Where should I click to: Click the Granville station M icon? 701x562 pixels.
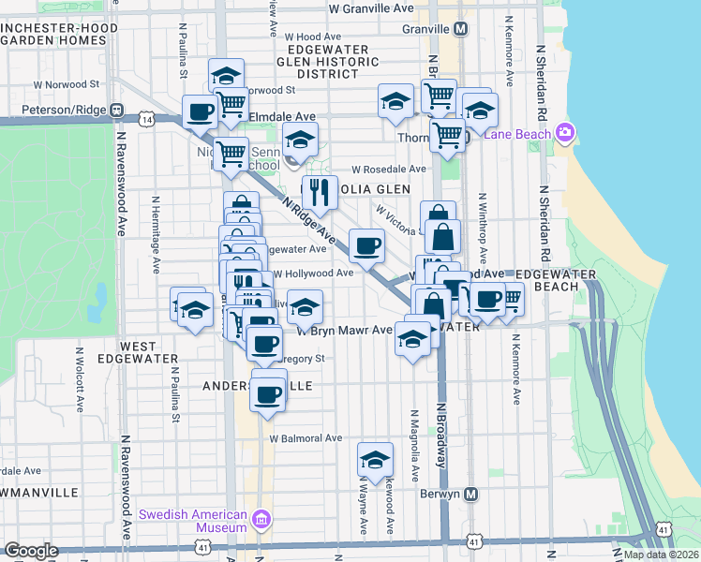coord(460,29)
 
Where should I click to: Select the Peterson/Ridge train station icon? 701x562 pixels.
coord(116,110)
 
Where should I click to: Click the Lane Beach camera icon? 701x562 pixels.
coord(563,134)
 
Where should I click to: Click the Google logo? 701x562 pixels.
coord(31,551)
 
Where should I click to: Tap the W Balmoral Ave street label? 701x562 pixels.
coord(306,437)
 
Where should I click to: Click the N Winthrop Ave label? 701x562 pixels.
coord(483,229)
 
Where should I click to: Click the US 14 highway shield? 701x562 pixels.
coord(145,119)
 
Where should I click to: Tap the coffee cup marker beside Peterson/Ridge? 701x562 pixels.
coord(201,112)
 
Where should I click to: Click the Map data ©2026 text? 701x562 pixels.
coord(661,555)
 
